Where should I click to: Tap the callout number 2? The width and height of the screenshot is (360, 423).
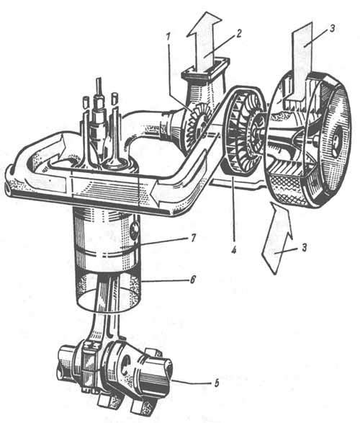[x=238, y=33]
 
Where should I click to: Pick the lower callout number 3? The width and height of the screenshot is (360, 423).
[x=304, y=247]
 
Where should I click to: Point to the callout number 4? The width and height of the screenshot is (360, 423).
[x=233, y=249]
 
